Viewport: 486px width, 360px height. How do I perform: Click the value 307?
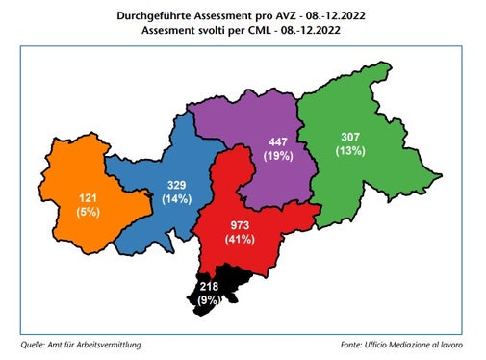point(347,136)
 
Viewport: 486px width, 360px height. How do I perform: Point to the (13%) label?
point(347,151)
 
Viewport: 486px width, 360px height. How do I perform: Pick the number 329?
point(177,183)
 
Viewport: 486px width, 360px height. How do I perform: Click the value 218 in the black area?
point(208,286)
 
